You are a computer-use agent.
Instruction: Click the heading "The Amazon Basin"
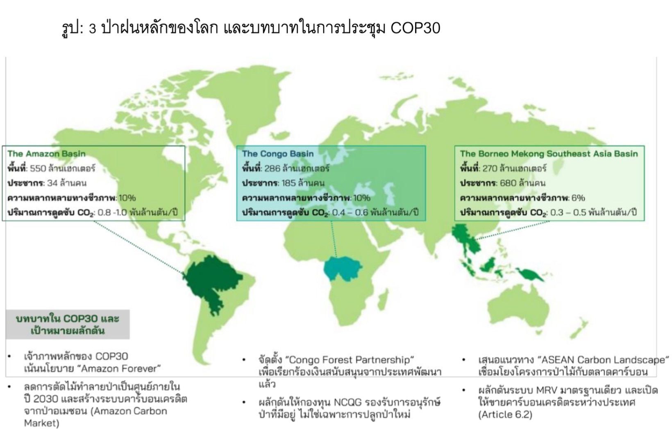point(46,154)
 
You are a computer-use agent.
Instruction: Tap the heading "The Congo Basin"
point(278,154)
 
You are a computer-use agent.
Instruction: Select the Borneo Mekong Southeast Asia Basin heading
point(549,154)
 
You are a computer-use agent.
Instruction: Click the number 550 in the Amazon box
point(38,169)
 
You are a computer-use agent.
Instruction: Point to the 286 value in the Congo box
point(272,169)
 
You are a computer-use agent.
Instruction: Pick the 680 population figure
point(508,183)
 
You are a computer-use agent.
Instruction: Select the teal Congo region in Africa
point(343,268)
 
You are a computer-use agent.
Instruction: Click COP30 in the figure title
point(415,28)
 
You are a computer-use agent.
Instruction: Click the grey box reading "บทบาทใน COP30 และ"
point(68,324)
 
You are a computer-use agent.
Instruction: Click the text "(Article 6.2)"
point(505,415)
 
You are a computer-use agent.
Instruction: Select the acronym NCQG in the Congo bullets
point(350,402)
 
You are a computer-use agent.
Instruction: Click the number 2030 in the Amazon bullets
point(46,400)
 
